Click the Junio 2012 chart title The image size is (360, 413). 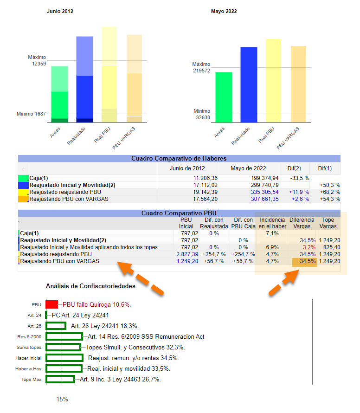point(60,11)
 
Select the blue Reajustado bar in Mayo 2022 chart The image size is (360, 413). point(249,84)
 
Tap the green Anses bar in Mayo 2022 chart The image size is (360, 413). point(224,97)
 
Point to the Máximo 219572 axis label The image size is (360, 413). point(201,67)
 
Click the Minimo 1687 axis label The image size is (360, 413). point(31,114)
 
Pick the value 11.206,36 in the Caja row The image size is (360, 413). point(206,178)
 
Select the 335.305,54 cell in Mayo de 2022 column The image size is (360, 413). point(265,192)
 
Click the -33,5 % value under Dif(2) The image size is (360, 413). point(300,178)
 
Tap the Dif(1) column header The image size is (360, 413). point(325,168)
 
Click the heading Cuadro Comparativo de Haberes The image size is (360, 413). point(179,159)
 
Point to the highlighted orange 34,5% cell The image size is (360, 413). point(304,262)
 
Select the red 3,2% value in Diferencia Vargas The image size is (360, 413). point(309,247)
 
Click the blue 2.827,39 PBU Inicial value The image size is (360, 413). point(187,254)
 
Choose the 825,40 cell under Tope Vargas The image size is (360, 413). point(332,247)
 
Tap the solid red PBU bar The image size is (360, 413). point(51,304)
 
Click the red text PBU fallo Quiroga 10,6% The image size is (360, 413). point(97,305)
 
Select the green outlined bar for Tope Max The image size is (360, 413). point(60,379)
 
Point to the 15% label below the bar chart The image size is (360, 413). point(62,399)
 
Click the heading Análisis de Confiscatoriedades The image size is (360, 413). point(90,286)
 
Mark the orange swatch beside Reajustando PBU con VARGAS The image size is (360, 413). point(23,199)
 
